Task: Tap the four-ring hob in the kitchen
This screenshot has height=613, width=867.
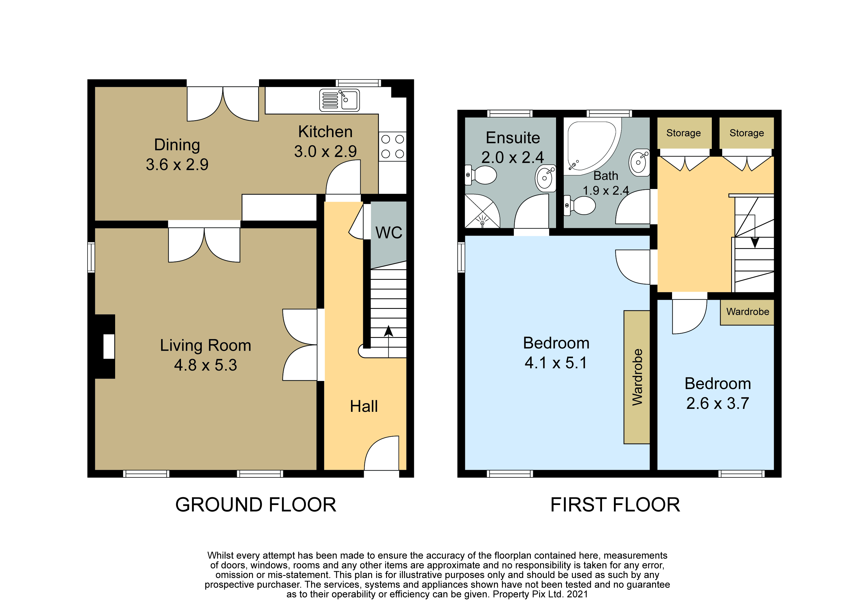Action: [x=392, y=147]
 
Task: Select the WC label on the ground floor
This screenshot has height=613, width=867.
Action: [x=389, y=233]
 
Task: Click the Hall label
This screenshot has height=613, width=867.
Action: [x=364, y=406]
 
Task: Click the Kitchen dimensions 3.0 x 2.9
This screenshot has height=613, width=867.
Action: [x=325, y=151]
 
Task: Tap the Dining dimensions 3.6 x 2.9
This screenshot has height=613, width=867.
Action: [x=177, y=164]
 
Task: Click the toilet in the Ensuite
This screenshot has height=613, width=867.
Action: [x=480, y=175]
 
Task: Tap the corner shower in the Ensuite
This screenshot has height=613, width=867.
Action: [x=482, y=211]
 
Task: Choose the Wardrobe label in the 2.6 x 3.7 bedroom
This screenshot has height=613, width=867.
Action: [x=748, y=312]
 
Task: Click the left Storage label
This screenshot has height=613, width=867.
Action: [x=683, y=133]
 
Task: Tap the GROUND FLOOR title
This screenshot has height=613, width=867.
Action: [x=256, y=505]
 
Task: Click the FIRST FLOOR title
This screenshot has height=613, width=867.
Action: [x=615, y=505]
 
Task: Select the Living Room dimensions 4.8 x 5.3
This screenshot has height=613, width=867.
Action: [x=205, y=365]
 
